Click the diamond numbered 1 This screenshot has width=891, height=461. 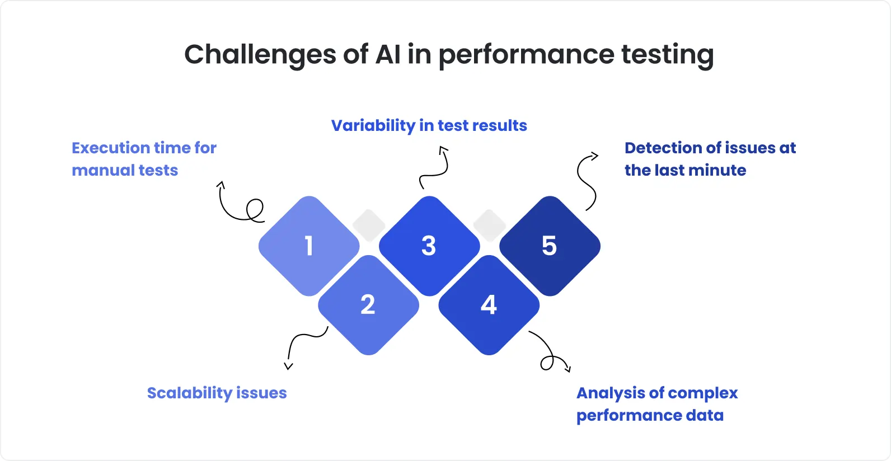[309, 246]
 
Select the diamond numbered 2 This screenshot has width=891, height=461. [368, 305]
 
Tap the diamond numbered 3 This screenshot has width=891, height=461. [429, 246]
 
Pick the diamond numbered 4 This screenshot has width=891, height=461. [489, 305]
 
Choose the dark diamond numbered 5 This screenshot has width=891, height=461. [550, 246]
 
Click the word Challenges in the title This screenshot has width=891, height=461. [260, 55]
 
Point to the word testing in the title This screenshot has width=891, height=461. [667, 55]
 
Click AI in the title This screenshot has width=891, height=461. [388, 55]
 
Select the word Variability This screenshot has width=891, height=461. [372, 125]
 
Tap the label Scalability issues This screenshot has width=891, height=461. [217, 393]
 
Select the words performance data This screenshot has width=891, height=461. [650, 415]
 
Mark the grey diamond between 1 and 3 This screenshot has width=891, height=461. [369, 225]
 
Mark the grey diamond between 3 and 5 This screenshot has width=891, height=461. [490, 225]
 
